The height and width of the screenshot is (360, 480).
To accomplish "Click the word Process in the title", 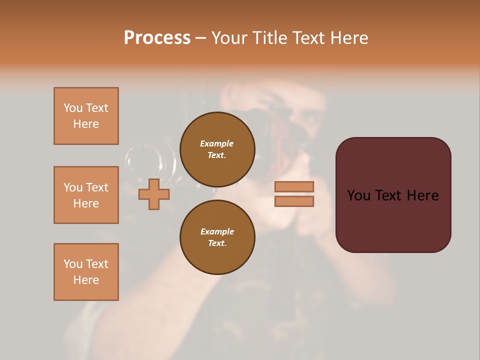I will click(x=157, y=38).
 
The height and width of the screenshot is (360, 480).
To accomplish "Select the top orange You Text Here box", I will click(x=86, y=116).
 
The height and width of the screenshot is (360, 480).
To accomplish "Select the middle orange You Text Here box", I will click(x=86, y=195).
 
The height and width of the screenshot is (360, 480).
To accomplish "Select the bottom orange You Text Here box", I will click(x=86, y=272).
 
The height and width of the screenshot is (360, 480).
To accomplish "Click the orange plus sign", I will click(x=154, y=194).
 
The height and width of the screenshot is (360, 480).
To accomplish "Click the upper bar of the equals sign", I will click(x=294, y=186).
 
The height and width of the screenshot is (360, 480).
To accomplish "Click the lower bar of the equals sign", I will click(x=294, y=201).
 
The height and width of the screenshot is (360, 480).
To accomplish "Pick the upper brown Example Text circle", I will click(x=217, y=149).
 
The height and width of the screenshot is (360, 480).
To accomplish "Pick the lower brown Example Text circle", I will click(x=217, y=237).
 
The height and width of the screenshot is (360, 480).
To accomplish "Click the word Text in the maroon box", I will click(x=393, y=195).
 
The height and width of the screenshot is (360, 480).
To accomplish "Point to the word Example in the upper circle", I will click(x=217, y=143).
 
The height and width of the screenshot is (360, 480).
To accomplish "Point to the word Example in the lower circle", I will click(x=217, y=231).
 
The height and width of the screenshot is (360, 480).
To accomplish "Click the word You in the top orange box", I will click(x=72, y=108).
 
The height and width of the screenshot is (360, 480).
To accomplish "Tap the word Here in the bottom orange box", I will click(x=86, y=280).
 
